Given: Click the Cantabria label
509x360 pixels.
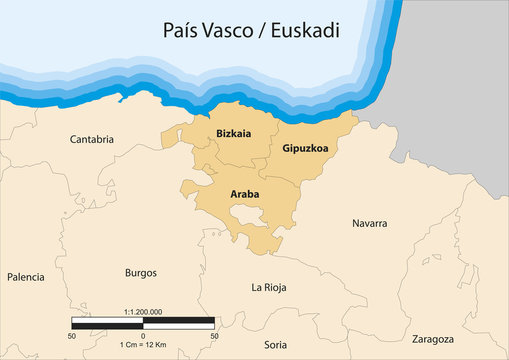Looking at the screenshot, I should pyautogui.click(x=92, y=140).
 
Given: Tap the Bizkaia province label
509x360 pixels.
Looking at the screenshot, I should pyautogui.click(x=233, y=132).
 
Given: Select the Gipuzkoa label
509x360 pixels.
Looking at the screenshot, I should pyautogui.click(x=305, y=149).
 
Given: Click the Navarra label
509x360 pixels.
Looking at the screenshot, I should pyautogui.click(x=369, y=223).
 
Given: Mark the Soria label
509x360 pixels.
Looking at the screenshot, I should pyautogui.click(x=275, y=345).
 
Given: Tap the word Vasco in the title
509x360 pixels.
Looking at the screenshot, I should pyautogui.click(x=231, y=31).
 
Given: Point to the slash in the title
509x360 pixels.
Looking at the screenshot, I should pyautogui.click(x=263, y=31).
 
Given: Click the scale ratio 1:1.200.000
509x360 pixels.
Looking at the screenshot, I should pyautogui.click(x=143, y=312).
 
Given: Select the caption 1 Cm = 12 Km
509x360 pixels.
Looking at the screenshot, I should pyautogui.click(x=143, y=344).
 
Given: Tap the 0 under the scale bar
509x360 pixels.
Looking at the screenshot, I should pyautogui.click(x=143, y=335).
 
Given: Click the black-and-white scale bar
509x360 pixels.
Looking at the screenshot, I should pyautogui.click(x=143, y=323).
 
